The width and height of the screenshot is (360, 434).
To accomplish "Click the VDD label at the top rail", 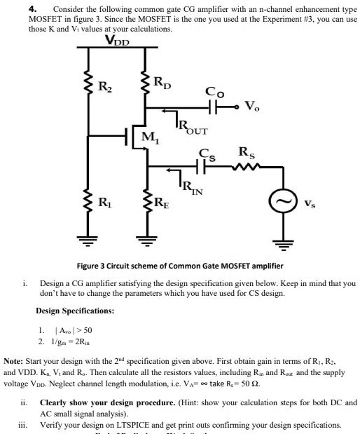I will click(117, 41).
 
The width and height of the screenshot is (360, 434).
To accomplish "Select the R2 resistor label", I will click(104, 87).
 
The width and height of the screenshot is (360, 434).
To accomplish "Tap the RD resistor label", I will click(160, 83).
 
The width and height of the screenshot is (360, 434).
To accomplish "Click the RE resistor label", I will click(160, 205).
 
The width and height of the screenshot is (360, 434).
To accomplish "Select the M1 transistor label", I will click(150, 137).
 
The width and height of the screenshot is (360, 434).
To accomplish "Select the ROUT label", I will click(190, 127).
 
